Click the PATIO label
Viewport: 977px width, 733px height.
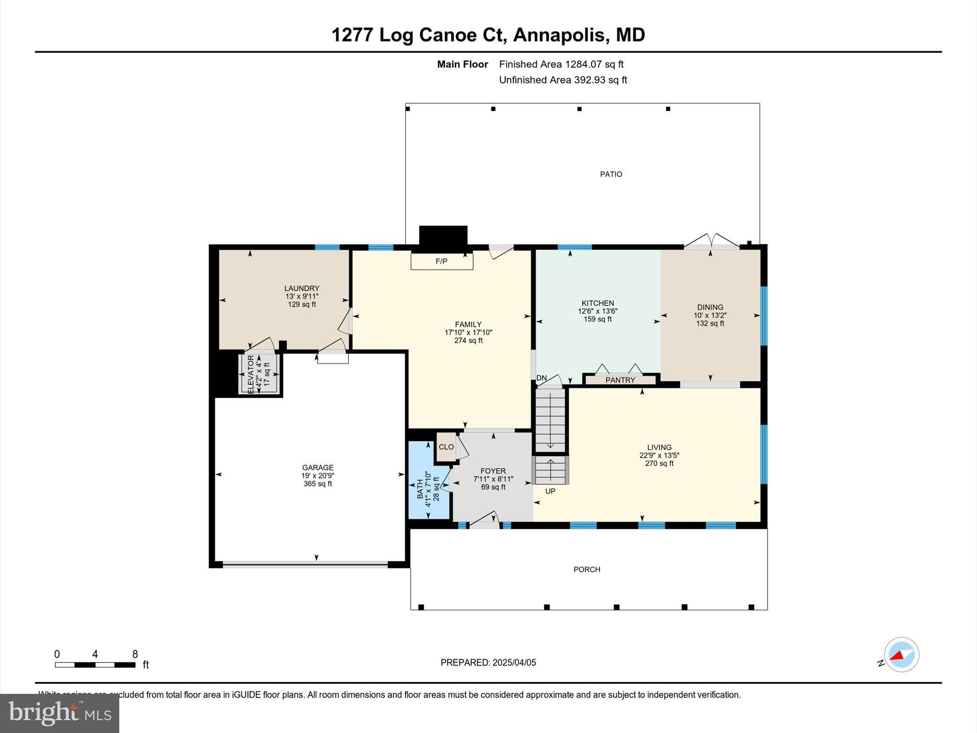611,174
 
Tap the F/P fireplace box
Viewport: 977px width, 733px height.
442,262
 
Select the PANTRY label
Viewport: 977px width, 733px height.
620,380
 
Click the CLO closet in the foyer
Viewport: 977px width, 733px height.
446,447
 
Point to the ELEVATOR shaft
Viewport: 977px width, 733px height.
258,374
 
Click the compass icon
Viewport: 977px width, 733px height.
901,655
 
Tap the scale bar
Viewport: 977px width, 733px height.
95,665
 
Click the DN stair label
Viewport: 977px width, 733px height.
541,378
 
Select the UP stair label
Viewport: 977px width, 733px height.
550,491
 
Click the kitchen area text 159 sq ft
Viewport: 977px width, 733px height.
598,319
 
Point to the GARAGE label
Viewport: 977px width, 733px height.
318,468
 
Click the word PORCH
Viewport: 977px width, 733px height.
587,569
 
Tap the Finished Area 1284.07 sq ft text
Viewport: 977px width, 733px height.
561,64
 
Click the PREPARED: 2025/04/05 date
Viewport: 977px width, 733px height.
488,662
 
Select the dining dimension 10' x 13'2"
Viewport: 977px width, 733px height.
710,315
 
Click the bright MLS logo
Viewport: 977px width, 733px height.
60,713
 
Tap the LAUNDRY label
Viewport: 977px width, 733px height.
301,288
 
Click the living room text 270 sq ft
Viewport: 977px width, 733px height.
659,463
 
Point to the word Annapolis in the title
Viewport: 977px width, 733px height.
560,35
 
